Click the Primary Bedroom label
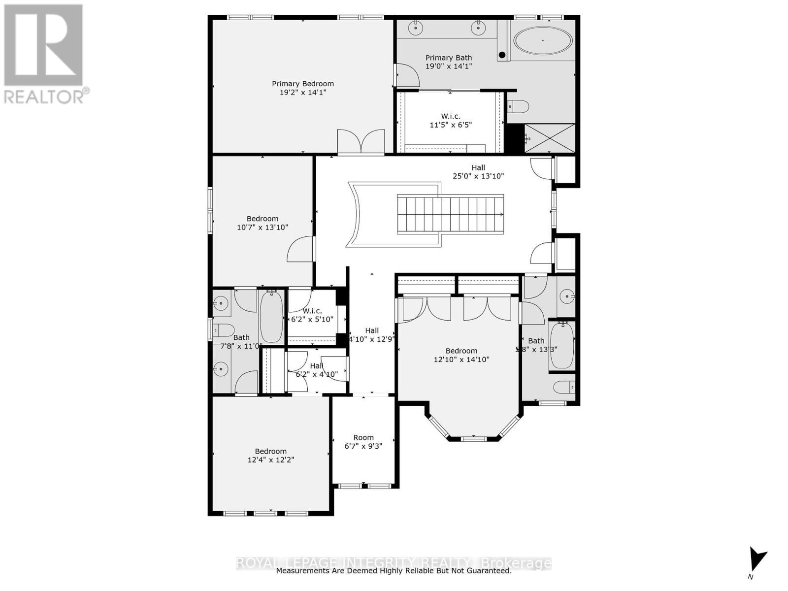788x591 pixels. point(303,84)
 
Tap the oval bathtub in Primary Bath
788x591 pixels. point(543,40)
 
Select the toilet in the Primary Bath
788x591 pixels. point(518,106)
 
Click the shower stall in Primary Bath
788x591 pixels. point(550,138)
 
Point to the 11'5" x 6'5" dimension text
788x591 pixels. point(451,125)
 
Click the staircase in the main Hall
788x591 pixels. point(450,214)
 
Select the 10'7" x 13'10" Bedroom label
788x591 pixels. point(263,223)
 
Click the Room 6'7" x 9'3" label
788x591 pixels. point(363,442)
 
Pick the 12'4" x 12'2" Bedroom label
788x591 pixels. point(271,456)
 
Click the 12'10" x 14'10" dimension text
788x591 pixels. point(461,360)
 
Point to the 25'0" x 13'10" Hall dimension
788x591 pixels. point(478,176)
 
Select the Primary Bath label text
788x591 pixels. point(449,58)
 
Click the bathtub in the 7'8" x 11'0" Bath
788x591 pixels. point(271,316)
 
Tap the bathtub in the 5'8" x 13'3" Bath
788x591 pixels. point(561,345)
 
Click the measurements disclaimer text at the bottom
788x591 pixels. point(394,571)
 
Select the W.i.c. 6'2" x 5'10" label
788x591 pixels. point(312,315)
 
